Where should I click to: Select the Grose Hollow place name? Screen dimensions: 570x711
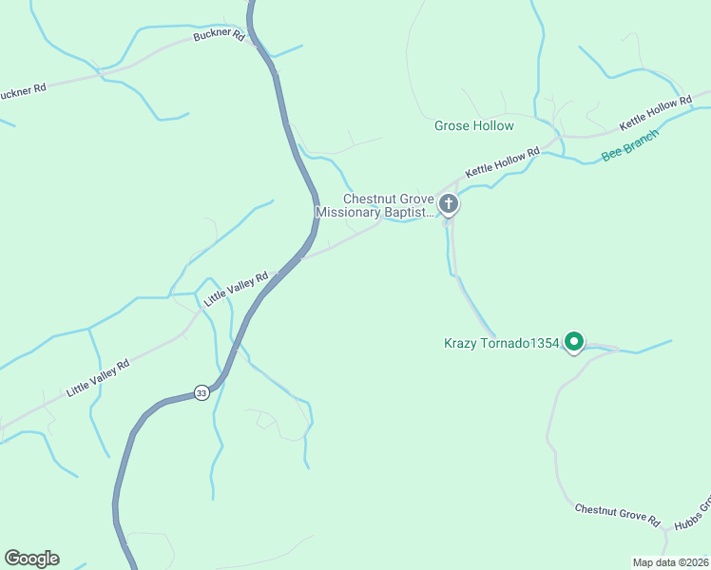coord(473,125)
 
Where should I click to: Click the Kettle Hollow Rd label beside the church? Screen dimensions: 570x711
coord(502,162)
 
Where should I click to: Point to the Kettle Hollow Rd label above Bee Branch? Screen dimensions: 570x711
coord(655,113)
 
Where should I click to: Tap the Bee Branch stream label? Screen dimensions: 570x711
coord(629,145)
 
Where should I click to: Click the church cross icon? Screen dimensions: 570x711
coord(449,203)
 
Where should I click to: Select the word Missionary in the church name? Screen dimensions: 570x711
coord(348,214)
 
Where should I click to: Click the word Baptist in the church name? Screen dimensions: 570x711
coord(408,214)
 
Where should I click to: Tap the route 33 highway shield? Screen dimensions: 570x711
coord(201,392)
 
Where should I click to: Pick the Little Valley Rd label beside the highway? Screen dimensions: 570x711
coord(236,289)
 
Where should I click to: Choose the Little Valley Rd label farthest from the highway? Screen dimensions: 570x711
coord(97,378)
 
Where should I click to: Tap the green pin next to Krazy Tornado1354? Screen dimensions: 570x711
coord(573,340)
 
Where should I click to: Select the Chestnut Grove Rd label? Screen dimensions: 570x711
coord(617,515)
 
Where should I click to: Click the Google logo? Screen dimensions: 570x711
coord(31,559)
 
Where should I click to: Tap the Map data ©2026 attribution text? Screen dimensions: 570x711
coord(670,562)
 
